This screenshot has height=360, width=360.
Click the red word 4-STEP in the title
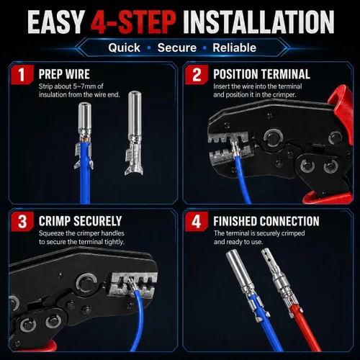coord(133,22)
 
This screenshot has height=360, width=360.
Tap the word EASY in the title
coord(55,22)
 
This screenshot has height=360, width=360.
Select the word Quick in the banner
coord(124,48)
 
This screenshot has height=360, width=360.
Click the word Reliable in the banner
coord(235,48)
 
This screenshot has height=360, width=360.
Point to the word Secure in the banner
coord(177,48)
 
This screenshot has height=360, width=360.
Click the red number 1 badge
coord(22,74)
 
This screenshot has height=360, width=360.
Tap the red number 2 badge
coord(197,74)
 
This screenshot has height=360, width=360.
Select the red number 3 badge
coord(22,221)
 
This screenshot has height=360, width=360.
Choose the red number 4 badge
coord(197,221)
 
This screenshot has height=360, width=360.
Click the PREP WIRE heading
coord(64,74)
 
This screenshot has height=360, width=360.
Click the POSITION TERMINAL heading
coord(261,74)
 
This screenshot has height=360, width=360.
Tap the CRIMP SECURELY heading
coord(80,221)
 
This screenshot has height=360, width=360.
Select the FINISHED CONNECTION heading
coord(266,221)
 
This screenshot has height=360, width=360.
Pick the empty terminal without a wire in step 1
coord(134,132)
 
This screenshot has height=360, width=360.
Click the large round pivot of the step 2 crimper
coord(273,138)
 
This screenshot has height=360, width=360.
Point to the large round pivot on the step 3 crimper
coord(86,284)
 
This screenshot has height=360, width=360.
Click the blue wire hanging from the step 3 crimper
coord(139,319)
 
